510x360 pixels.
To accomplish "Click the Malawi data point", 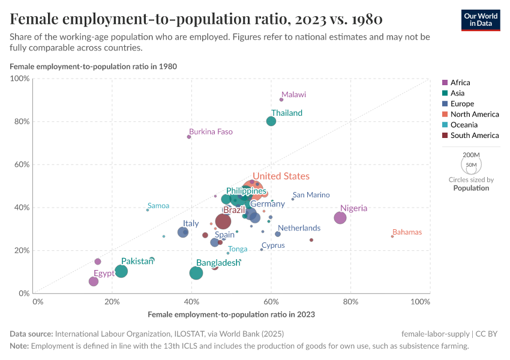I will [281, 100].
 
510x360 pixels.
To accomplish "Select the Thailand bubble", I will [271, 121].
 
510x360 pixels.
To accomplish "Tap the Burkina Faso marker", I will [189, 137].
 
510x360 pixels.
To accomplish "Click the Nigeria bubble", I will [340, 218].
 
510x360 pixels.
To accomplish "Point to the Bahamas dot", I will [392, 236].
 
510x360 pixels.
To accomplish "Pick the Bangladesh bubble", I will [196, 273].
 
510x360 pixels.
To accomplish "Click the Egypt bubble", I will [94, 281].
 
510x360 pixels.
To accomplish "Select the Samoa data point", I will [148, 210].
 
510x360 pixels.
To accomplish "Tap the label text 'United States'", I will [280, 176].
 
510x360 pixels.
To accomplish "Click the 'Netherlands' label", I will [299, 228].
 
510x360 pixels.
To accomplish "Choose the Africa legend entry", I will [460, 83].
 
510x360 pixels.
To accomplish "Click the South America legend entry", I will [474, 136].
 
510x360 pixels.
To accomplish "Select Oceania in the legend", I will [464, 125].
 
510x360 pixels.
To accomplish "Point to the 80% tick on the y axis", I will [22, 122].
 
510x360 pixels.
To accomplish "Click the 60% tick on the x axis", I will [271, 301].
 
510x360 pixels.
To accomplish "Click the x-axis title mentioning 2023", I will [231, 314].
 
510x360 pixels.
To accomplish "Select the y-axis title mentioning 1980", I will [93, 66].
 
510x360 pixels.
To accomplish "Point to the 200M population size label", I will [471, 155].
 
